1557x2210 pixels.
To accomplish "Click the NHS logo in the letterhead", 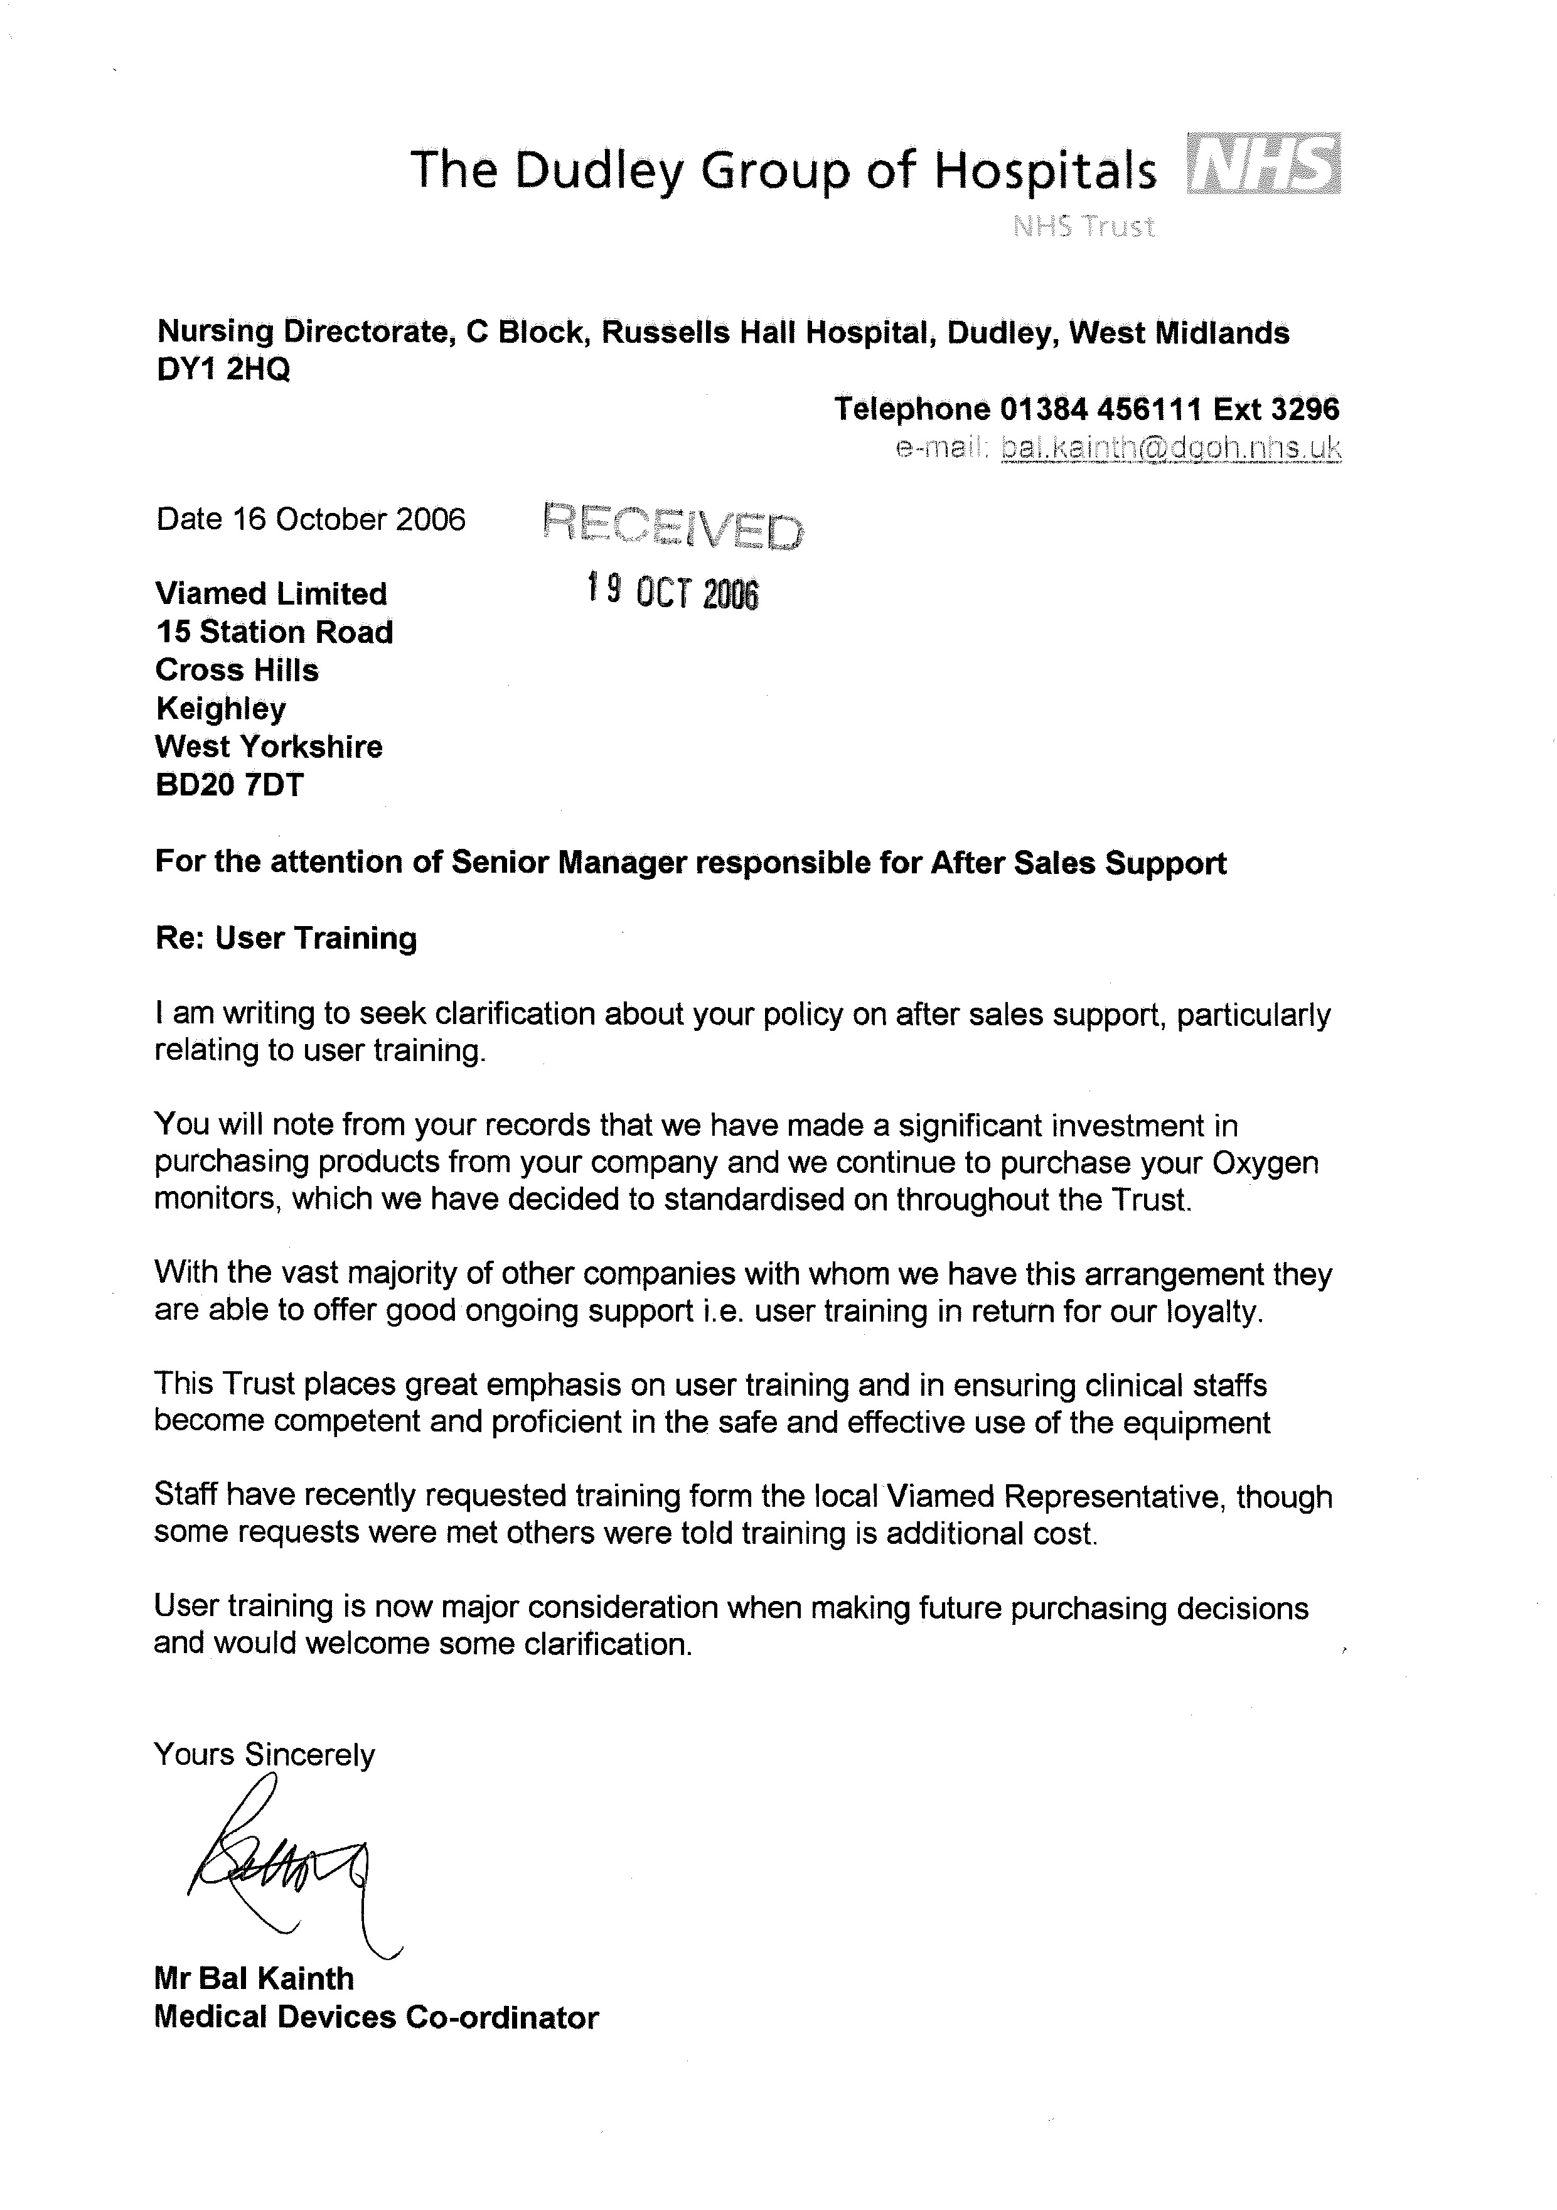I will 1263,164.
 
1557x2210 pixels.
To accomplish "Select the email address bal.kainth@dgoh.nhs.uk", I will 1170,448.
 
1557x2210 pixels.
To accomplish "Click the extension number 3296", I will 1305,409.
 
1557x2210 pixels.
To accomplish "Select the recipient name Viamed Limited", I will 271,593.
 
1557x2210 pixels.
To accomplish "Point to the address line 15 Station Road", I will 274,632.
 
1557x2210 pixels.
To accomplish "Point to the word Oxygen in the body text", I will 1265,1163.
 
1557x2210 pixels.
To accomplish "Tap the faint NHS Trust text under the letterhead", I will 1084,227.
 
